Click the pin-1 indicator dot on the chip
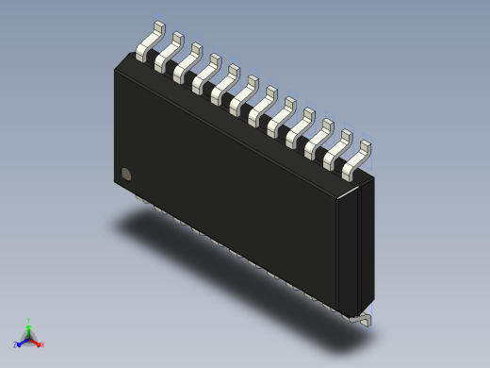tap(126, 174)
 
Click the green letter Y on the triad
tap(29, 320)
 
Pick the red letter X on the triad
tap(42, 345)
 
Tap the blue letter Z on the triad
tap(16, 345)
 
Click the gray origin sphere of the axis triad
tap(29, 337)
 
